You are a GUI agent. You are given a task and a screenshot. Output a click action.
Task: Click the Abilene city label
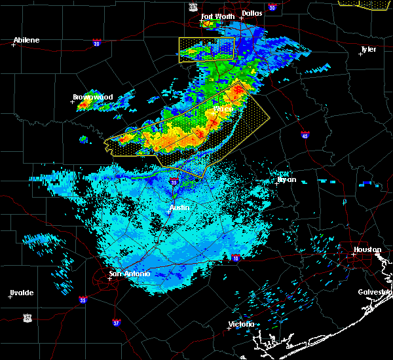pos(27,41)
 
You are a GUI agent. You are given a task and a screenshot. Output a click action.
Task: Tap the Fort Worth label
pos(215,16)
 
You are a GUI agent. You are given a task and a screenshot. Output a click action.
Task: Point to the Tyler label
pos(368,49)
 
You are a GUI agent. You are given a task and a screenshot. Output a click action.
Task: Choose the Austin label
pos(179,208)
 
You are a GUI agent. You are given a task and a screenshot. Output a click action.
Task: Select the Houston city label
pos(367,249)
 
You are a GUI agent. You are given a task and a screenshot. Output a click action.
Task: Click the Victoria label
pos(242,325)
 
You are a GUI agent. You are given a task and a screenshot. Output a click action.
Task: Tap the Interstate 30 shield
pos(272,7)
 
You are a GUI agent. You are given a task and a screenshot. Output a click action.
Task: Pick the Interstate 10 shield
pos(235,257)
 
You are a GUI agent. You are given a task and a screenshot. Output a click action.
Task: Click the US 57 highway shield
pos(27,317)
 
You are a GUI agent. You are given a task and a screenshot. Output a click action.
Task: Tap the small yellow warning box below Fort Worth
pos(206,50)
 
